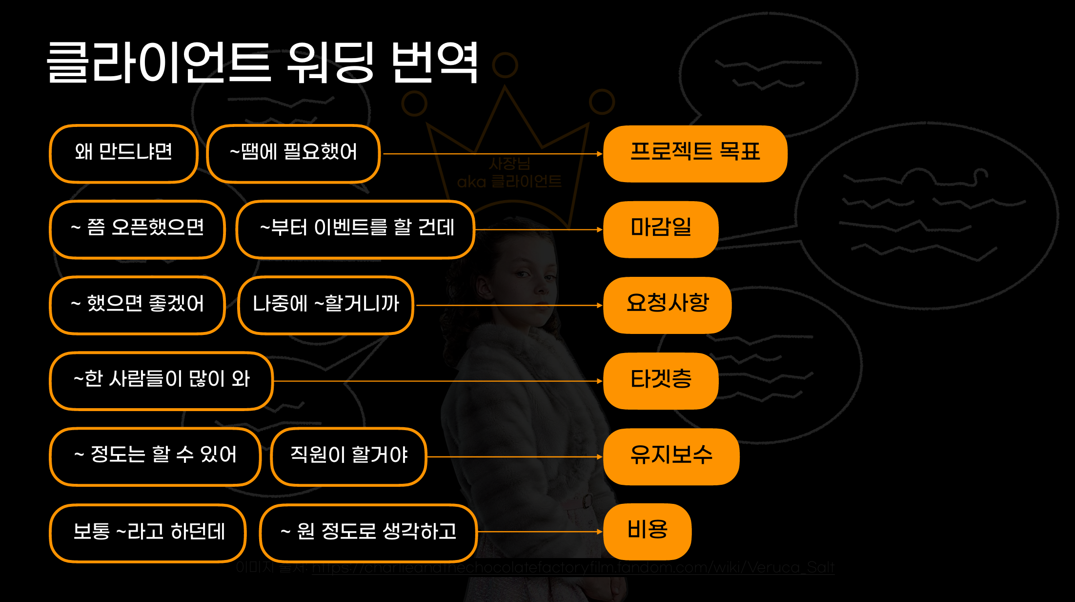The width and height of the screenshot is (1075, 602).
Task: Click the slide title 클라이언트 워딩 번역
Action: pyautogui.click(x=263, y=62)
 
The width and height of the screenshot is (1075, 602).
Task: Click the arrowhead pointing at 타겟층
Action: pyautogui.click(x=600, y=381)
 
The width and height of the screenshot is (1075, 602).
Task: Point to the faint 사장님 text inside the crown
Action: pyautogui.click(x=509, y=163)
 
